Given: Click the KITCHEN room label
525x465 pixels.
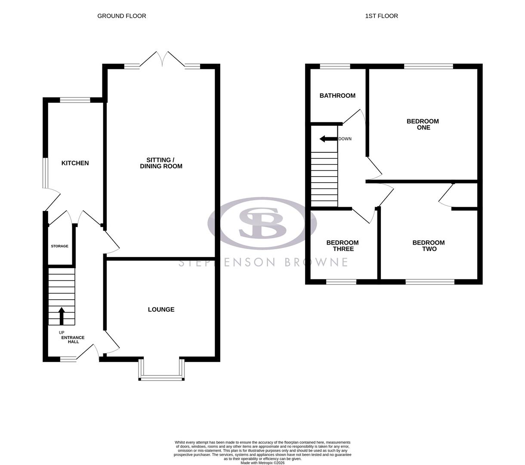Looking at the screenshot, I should point(75,163).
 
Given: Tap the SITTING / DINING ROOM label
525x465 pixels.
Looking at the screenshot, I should point(161,163).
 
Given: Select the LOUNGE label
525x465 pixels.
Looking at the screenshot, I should point(161,310).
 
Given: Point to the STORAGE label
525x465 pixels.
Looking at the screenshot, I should point(59,246).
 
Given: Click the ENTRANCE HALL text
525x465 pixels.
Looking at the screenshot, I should point(73,340).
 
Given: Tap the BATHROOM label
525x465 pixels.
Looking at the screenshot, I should point(337,96).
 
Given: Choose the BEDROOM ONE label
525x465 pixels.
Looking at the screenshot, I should point(423,124).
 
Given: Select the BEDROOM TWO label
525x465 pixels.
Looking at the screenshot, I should point(429,246).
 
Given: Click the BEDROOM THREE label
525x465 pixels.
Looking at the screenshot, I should point(343,246).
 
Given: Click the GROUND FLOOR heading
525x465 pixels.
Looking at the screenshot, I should point(122,16).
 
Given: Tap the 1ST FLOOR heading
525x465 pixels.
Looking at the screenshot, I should point(382,16).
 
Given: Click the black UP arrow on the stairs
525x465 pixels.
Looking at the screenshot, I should point(62,316).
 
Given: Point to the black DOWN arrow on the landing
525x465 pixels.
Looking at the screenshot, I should point(328,139).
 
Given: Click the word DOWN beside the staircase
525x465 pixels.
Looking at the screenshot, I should point(345,139).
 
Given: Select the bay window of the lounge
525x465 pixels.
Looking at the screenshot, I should point(161,378).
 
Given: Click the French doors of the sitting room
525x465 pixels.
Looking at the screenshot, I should point(163,59).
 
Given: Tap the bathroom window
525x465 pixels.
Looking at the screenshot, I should point(335,66).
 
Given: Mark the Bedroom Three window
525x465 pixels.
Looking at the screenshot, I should point(341,282).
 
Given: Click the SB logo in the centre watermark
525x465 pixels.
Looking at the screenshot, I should point(262,223).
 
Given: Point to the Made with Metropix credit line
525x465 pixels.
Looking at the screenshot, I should point(262,463).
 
